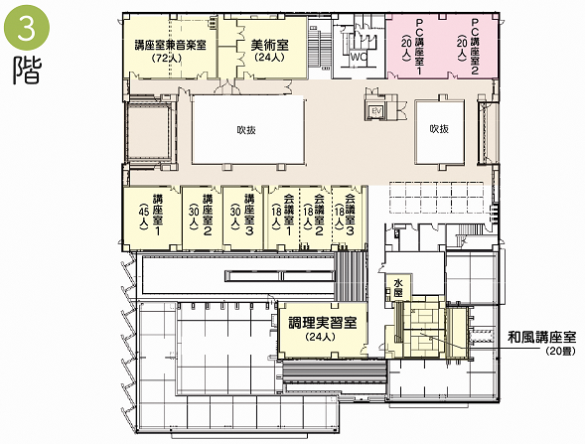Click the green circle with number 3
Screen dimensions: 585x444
27,28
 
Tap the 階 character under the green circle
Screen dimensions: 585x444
27,71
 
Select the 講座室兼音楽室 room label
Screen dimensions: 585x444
171,46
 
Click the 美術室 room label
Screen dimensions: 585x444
269,46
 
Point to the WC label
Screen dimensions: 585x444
359,58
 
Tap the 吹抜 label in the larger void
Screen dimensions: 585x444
246,130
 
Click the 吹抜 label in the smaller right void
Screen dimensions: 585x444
439,129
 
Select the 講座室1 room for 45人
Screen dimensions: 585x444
152,218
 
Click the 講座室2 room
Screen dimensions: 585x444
203,218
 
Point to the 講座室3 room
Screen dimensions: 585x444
243,218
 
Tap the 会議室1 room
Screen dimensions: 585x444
283,218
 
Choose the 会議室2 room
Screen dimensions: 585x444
315,218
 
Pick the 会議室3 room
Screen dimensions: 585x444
347,218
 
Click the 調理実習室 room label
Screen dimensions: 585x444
323,323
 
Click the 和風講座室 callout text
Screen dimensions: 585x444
541,338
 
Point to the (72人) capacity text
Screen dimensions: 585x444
167,59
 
